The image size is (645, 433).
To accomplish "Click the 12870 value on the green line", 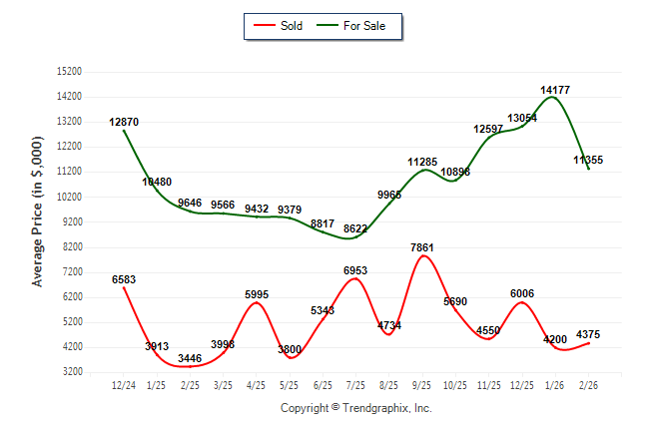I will [124, 122].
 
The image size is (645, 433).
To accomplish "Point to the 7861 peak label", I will [423, 247].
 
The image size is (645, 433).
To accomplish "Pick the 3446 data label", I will [190, 357].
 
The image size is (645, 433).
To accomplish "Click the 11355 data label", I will [588, 160].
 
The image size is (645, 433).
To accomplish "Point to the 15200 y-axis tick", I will [69, 72].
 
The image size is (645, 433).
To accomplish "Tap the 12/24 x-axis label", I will [124, 385].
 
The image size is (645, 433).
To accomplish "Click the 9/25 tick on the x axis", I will [422, 385].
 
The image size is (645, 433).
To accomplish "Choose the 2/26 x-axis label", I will [589, 385].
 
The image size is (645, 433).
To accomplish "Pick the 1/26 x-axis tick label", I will [555, 385].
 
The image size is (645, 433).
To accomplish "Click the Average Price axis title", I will [38, 221].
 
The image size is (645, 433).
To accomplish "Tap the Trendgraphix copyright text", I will [355, 408].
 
